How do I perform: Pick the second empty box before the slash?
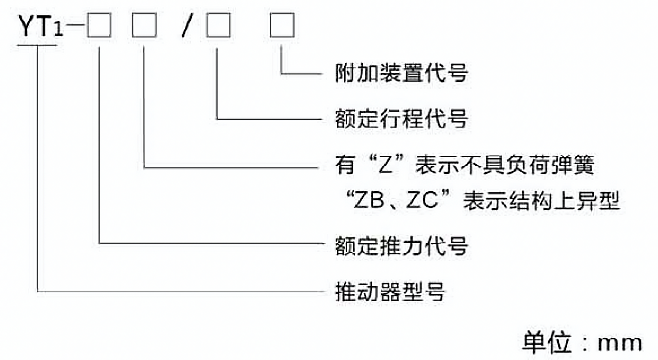[143, 26]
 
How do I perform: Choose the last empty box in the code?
[282, 26]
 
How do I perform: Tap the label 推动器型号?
[390, 292]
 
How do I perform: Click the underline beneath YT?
[37, 45]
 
